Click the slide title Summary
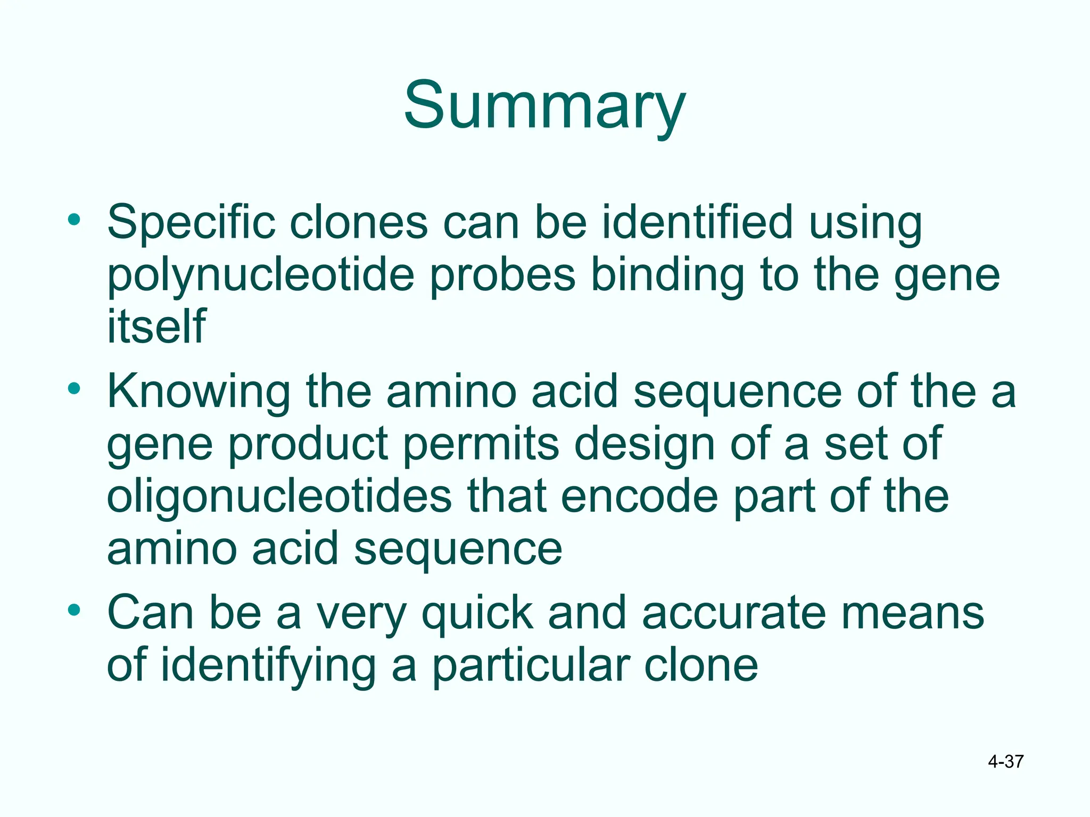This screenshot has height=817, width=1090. coord(544,106)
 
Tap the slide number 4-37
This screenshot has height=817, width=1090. coord(1005,762)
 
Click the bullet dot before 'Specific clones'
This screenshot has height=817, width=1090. coord(74,219)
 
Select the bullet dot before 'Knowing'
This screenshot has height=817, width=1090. coord(74,388)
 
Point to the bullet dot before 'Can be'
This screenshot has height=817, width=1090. coord(74,610)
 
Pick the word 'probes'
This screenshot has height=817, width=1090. coord(503,276)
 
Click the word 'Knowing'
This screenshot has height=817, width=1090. coord(199,393)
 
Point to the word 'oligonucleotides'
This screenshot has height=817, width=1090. coord(279,496)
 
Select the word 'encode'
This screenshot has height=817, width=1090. coord(640,496)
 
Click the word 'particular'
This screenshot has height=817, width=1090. coord(530,666)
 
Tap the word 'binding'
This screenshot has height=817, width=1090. coord(667,276)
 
